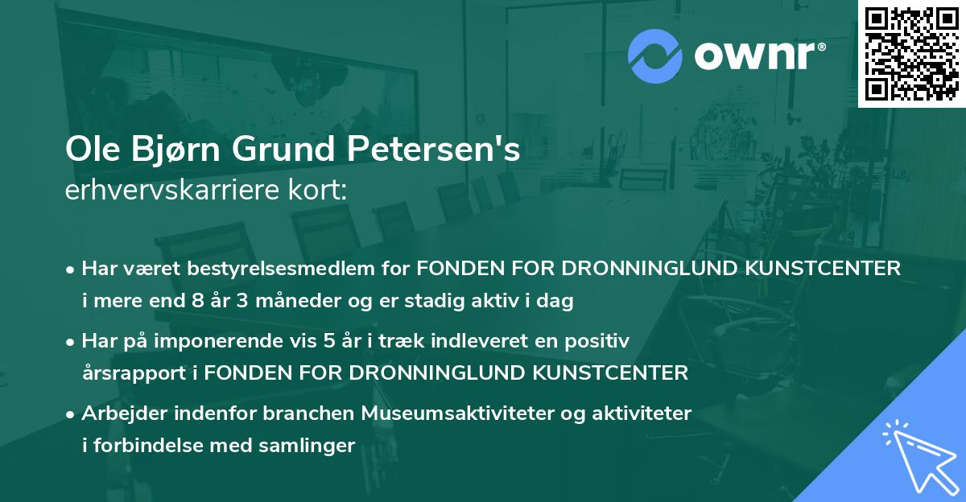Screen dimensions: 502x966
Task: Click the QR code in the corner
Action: [912, 54]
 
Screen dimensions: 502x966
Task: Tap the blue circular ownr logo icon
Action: [656, 55]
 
